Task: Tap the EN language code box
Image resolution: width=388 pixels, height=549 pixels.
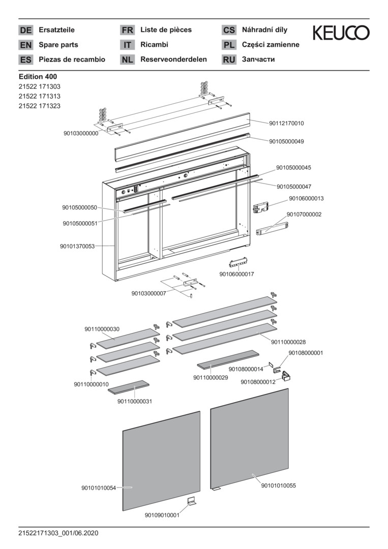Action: tap(25, 45)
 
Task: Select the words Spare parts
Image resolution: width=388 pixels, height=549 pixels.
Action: tap(58, 45)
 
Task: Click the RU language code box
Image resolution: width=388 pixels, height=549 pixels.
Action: tap(229, 59)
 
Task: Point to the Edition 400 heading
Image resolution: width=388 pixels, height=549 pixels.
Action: tap(38, 76)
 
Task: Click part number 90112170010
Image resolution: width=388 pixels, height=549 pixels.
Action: tap(287, 123)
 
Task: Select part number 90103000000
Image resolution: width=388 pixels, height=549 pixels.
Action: tap(81, 133)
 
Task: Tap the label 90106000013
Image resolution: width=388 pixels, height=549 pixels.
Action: tap(306, 198)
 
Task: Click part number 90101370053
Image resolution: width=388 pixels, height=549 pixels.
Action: tap(77, 246)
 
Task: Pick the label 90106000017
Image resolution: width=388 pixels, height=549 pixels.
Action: tap(236, 274)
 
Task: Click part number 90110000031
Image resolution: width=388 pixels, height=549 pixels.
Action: tap(135, 401)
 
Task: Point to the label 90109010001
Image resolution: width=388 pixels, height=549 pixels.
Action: tap(162, 515)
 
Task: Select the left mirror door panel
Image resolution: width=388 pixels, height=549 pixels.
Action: tap(161, 460)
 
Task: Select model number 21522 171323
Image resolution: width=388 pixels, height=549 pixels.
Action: tap(39, 106)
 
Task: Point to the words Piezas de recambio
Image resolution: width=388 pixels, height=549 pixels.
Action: tap(72, 59)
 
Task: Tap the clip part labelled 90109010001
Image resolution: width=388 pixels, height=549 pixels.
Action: tap(193, 502)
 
